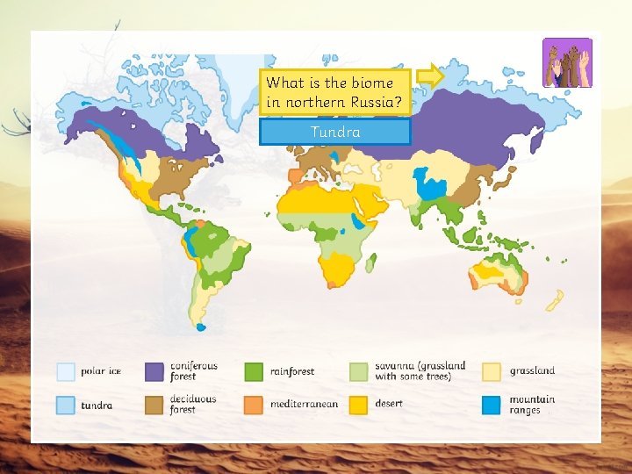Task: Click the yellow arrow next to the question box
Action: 430,76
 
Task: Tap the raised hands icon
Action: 567,62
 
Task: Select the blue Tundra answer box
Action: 335,132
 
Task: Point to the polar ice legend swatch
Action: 66,371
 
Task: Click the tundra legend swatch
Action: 66,405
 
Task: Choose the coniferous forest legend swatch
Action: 155,371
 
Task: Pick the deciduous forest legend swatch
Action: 155,405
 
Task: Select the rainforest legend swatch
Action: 255,371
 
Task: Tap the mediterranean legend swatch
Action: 255,405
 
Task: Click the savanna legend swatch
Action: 359,371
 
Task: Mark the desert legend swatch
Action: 359,405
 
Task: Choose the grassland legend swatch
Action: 492,371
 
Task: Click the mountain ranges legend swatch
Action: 492,405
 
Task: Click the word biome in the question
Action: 372,83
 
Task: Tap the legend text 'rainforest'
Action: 292,371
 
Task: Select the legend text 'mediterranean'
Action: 304,405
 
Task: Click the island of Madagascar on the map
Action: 371,261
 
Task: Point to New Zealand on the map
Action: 555,301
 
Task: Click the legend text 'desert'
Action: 389,404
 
